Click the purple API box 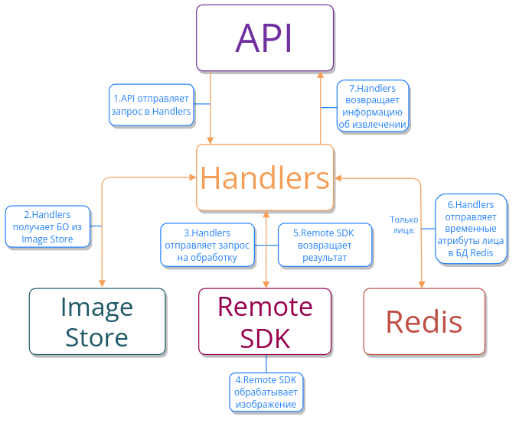point(265,38)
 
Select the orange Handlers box point(265,177)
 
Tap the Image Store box point(97,321)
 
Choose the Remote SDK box point(266,321)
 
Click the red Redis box point(424,321)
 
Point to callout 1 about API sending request point(151,104)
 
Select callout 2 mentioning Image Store point(47,227)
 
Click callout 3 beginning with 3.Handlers point(207,245)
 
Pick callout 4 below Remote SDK point(266,392)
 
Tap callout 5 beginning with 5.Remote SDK point(325,245)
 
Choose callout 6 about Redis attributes point(470,229)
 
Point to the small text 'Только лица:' point(403,224)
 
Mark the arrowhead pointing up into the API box point(321,74)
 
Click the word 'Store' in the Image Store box point(97,337)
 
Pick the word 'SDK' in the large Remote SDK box point(266,337)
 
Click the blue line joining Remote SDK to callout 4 point(266,363)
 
